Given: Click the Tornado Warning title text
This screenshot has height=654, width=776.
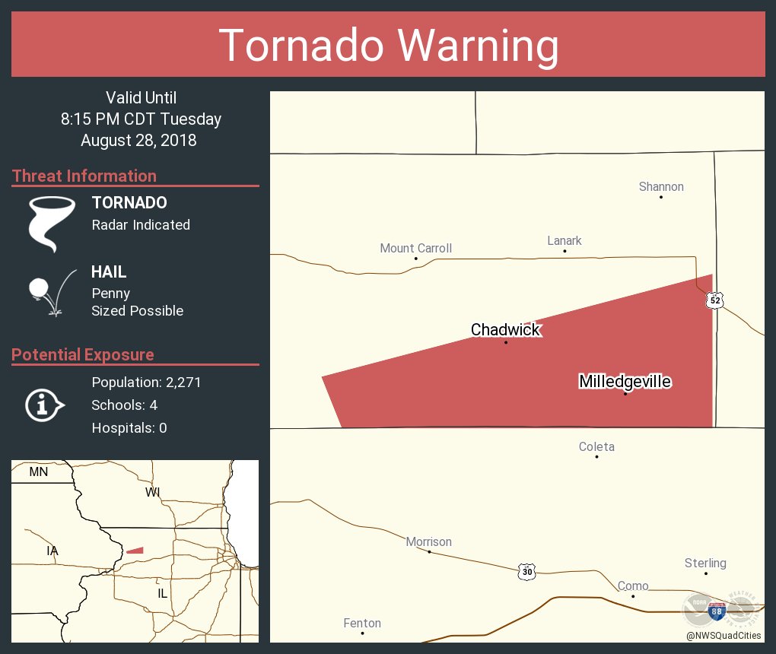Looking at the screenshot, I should tap(388, 46).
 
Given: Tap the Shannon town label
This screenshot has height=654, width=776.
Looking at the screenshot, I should tap(661, 187).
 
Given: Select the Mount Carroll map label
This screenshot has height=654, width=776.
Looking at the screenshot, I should tap(416, 248).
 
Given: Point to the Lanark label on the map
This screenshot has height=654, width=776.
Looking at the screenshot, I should tap(565, 241).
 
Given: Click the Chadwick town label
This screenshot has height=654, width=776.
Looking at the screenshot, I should tap(505, 329).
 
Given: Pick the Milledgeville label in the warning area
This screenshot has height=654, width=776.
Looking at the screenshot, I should tap(625, 381).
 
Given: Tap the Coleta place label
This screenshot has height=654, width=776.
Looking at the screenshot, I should tap(596, 447).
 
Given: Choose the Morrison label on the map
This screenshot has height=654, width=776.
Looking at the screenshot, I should tap(428, 542).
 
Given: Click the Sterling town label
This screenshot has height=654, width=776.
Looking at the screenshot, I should tap(705, 564).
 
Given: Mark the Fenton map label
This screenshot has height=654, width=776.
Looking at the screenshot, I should tap(362, 624).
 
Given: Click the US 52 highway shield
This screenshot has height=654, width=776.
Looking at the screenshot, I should tap(714, 300).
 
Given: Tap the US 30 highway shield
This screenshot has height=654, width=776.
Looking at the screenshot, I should tap(527, 571).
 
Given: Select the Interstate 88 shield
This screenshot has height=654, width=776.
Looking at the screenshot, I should tap(716, 609).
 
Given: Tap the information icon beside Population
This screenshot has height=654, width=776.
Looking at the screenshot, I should tap(44, 405).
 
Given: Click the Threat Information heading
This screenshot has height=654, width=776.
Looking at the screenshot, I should tap(84, 176).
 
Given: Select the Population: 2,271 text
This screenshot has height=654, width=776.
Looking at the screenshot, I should tap(146, 383).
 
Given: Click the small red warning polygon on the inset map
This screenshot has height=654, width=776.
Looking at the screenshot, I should tap(135, 550).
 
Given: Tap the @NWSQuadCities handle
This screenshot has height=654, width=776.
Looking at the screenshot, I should tap(723, 636).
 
